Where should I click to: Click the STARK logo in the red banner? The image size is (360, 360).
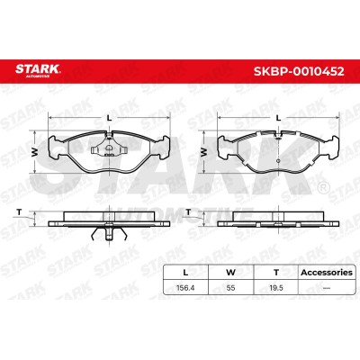point(38,71)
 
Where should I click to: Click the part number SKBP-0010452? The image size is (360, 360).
point(299,71)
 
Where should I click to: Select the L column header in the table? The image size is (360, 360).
point(185,273)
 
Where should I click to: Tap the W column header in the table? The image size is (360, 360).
point(230,273)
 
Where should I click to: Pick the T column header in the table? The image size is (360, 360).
point(276,273)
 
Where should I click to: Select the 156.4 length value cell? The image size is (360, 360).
point(185,288)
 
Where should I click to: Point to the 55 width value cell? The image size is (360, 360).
point(230,288)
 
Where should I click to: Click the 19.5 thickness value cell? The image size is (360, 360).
point(276,288)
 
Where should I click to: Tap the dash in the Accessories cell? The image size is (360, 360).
point(327,288)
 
